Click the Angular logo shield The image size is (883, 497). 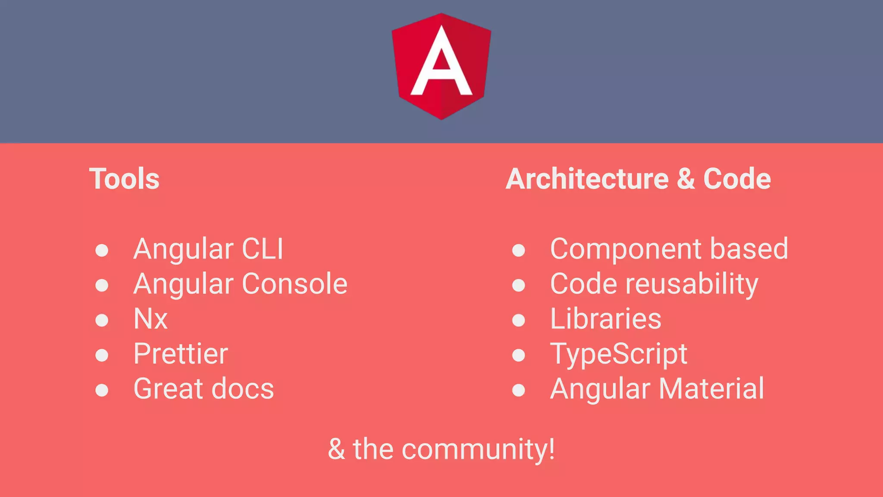[x=441, y=66]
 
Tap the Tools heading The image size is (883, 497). [x=124, y=179]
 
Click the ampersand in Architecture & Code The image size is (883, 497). [x=686, y=179]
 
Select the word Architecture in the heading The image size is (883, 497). [x=587, y=179]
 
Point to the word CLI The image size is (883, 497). [x=263, y=249]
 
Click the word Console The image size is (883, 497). [x=295, y=284]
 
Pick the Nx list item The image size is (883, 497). [x=150, y=319]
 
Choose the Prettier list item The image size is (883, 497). [x=181, y=354]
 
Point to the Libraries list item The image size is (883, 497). [x=605, y=319]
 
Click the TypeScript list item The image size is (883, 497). [x=619, y=355]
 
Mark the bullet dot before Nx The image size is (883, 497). [x=102, y=320]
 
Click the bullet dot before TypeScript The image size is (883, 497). [x=518, y=355]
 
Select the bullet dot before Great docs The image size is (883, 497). [x=102, y=390]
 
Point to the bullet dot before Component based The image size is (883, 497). [x=518, y=250]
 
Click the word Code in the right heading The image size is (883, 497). [x=737, y=179]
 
